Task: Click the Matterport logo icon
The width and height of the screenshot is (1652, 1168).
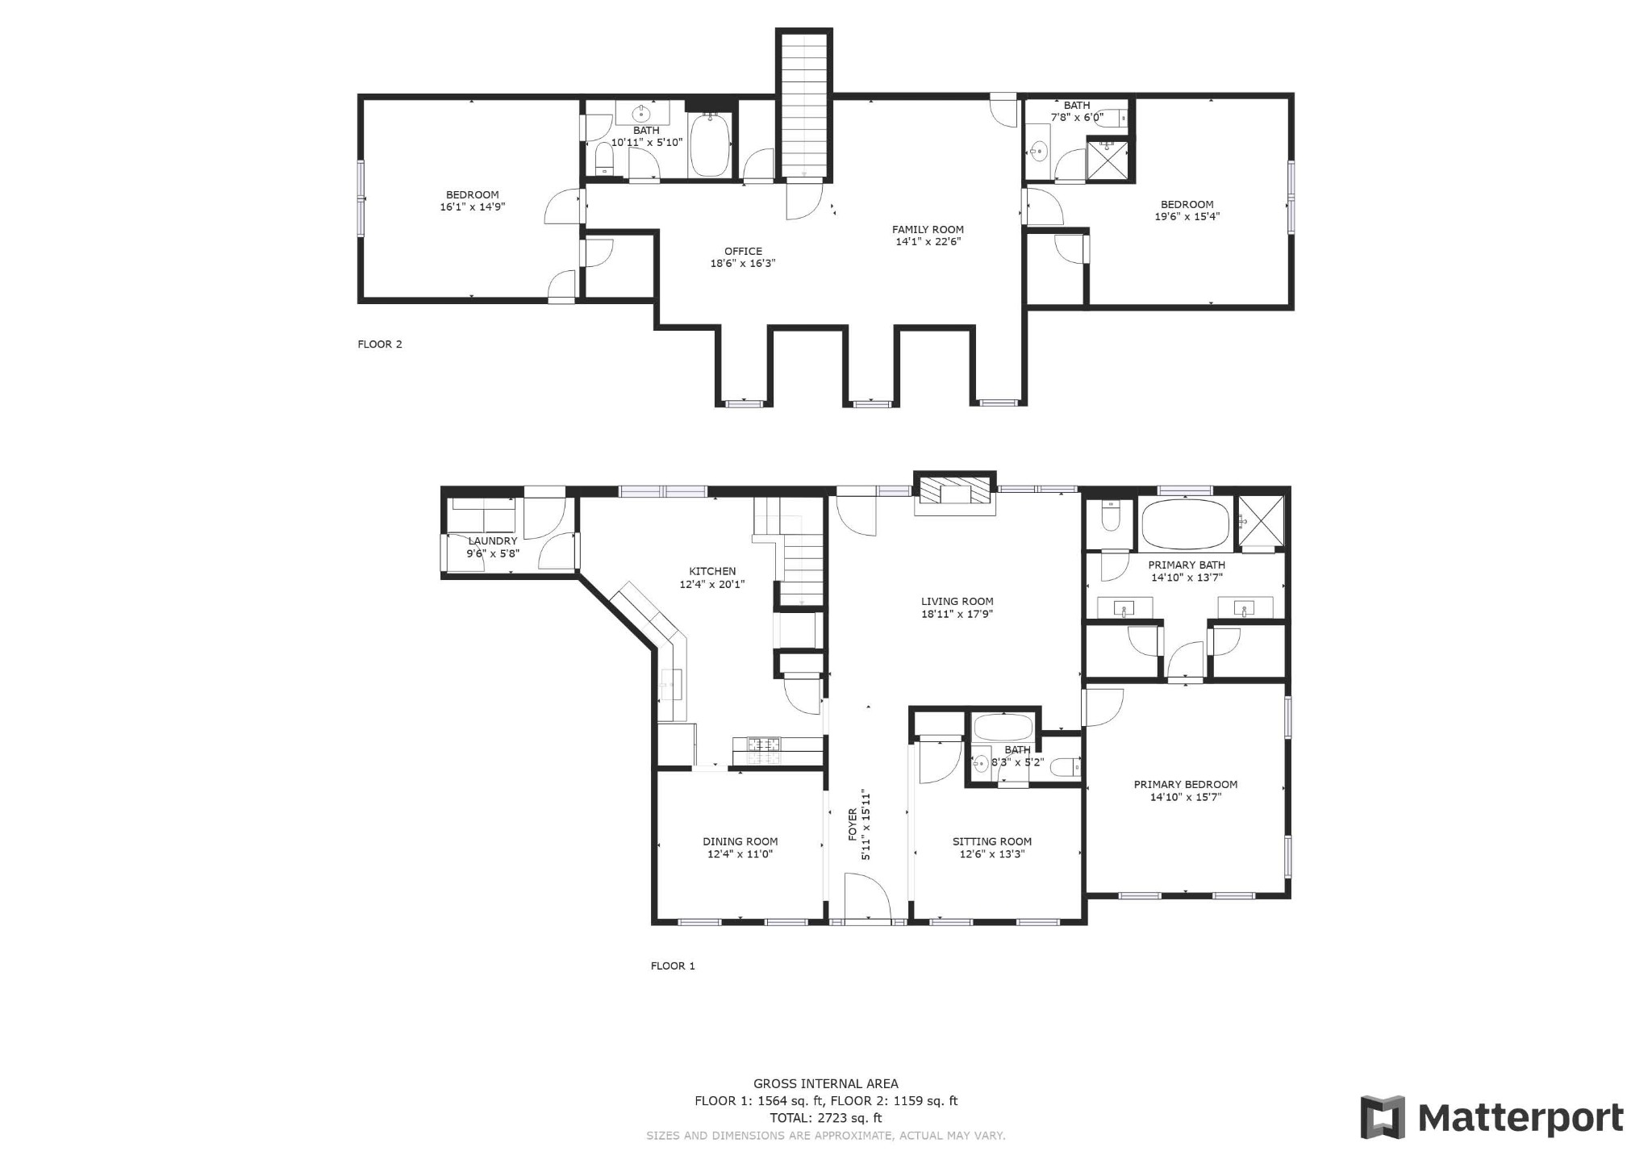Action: [1383, 1117]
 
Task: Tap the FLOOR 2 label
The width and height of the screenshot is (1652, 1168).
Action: [380, 344]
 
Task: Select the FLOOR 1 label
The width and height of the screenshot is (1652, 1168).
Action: [673, 966]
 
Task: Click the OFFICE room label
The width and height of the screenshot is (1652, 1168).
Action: [743, 251]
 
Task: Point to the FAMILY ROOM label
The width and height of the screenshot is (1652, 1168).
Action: [928, 230]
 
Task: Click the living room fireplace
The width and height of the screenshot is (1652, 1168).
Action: [954, 493]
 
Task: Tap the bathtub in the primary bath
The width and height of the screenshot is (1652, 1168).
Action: [1186, 524]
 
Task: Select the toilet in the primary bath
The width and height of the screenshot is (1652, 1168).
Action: [1111, 517]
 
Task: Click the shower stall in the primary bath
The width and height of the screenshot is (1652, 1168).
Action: [1261, 522]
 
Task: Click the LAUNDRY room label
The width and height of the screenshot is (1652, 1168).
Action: [493, 541]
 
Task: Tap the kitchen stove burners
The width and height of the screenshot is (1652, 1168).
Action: [762, 751]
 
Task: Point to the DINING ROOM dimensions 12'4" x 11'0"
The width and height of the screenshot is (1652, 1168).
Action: [740, 854]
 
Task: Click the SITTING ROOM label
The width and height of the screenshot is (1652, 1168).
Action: [992, 841]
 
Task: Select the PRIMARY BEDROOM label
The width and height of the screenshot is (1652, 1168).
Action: [1186, 784]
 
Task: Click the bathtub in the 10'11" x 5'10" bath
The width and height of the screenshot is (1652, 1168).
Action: [711, 145]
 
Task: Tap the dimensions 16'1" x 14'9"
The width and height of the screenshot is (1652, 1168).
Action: [473, 206]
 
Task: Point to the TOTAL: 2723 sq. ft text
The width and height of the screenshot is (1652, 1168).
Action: [825, 1118]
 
